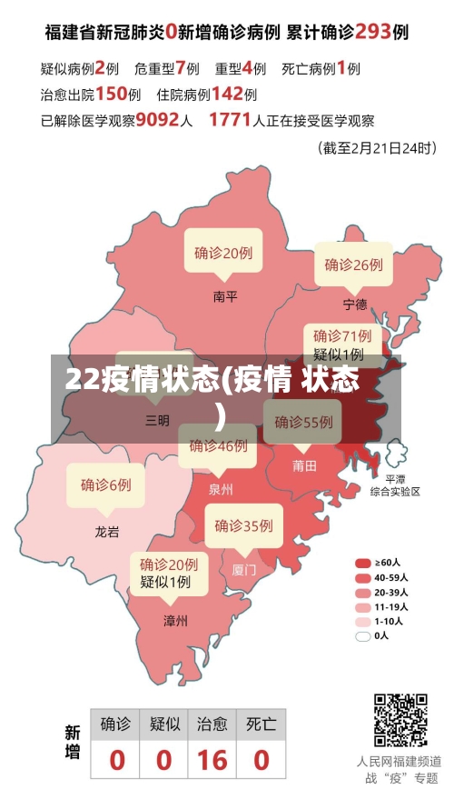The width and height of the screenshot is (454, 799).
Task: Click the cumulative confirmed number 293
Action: click(x=372, y=31)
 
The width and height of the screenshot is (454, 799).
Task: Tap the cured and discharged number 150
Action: click(x=111, y=93)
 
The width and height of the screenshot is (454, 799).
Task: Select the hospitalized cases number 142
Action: click(x=228, y=93)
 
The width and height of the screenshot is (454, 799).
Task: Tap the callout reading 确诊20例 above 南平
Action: click(x=223, y=253)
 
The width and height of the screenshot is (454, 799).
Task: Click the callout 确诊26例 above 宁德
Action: click(x=354, y=265)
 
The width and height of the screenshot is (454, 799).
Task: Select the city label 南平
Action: click(x=225, y=295)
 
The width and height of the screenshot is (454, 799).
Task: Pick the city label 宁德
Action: click(x=355, y=304)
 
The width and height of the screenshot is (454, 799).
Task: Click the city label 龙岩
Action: click(x=107, y=532)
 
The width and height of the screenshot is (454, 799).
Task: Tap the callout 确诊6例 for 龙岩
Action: click(x=106, y=484)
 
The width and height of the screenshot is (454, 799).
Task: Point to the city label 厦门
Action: click(x=244, y=570)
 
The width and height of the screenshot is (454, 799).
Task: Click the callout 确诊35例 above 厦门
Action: click(x=243, y=525)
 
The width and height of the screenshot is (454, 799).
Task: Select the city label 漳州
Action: click(x=175, y=621)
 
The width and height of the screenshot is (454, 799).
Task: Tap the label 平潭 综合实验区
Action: click(x=395, y=484)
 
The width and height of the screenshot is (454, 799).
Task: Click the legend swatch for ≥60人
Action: click(x=363, y=563)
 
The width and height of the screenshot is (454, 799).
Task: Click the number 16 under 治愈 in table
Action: click(x=212, y=759)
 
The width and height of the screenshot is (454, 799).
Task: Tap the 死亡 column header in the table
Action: click(x=262, y=724)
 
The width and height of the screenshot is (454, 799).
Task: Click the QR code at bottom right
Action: click(x=401, y=720)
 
